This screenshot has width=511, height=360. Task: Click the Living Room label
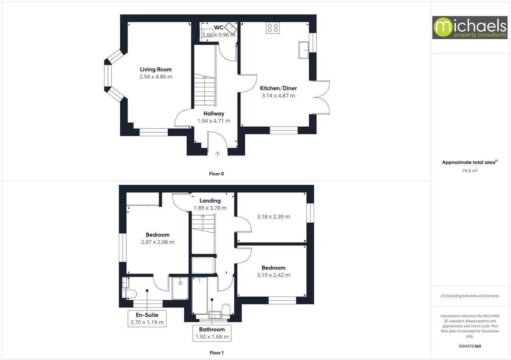156,69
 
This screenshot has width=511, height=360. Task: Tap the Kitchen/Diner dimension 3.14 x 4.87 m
278,96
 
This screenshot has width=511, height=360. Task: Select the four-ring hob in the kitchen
273,28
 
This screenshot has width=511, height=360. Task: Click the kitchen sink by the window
304,50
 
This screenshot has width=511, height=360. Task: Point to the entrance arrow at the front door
218,154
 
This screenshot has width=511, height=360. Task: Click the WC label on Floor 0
219,28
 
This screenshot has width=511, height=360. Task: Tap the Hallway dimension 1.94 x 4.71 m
213,121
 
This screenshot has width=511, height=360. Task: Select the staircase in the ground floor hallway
205,91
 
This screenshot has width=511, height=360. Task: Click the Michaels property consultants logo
470,28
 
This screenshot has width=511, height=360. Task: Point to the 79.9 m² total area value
469,171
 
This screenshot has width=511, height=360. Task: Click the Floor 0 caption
217,174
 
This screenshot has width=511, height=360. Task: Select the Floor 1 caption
217,353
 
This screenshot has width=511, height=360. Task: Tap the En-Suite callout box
147,319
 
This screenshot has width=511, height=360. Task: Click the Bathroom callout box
212,333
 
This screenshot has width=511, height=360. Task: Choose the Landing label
210,200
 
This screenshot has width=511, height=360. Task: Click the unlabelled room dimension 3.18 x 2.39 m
273,217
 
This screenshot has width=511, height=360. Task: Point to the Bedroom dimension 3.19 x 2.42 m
273,275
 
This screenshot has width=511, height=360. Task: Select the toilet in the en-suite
129,294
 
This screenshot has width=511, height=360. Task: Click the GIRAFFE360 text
469,346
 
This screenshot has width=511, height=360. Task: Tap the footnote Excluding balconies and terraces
469,296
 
